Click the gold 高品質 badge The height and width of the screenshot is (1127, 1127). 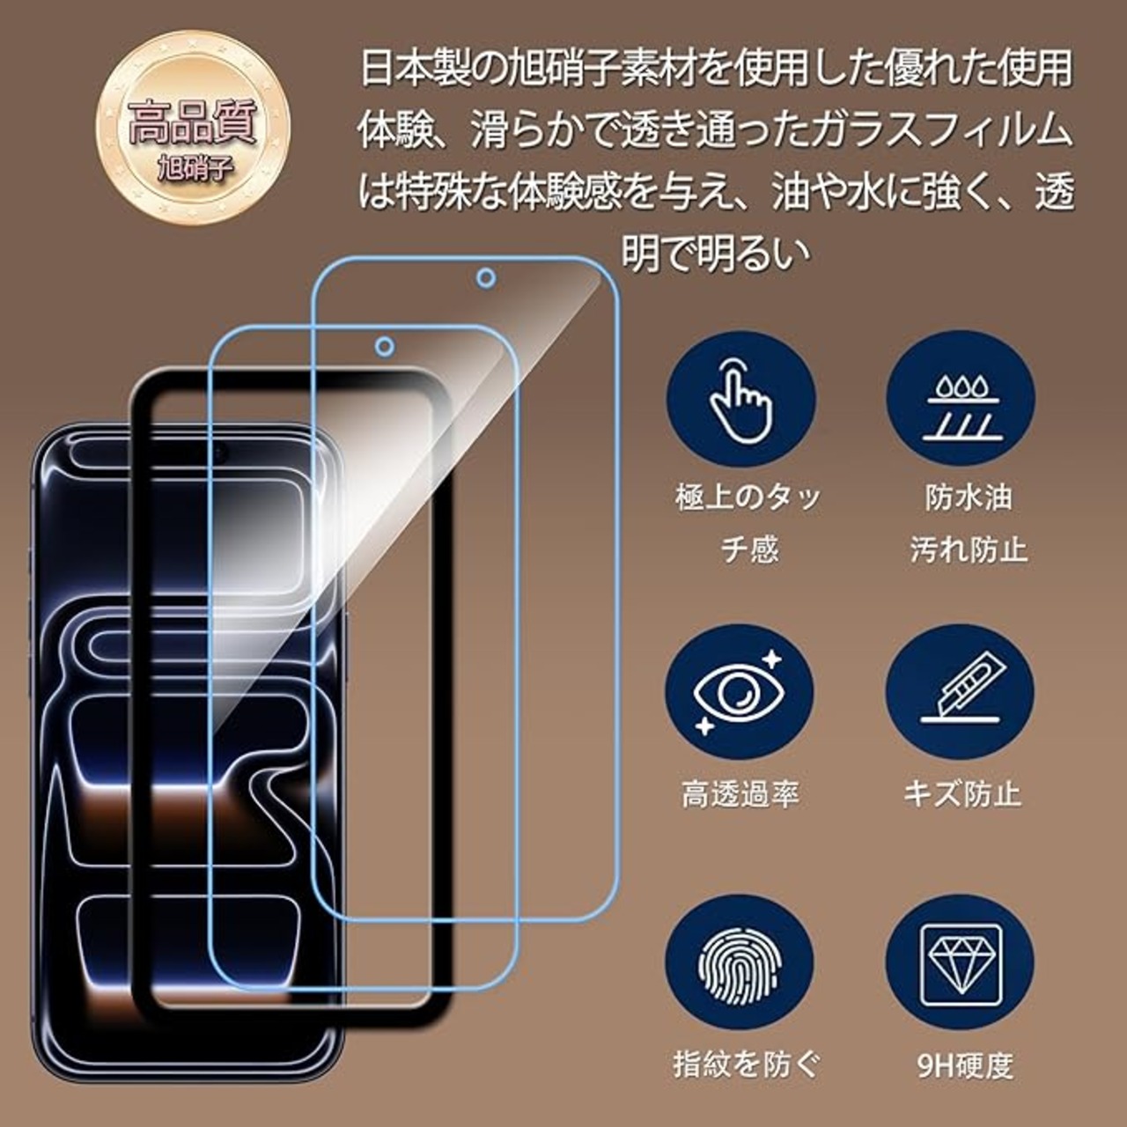tap(192, 127)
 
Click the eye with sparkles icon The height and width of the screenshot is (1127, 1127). tap(740, 691)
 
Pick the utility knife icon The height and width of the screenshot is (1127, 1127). tap(960, 691)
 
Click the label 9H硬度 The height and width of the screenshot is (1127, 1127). tap(965, 1066)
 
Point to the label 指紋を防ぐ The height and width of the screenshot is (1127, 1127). tap(746, 1064)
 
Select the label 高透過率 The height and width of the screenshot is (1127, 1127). tap(740, 794)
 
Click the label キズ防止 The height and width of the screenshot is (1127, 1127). tap(962, 794)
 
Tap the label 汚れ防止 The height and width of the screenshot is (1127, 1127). tap(969, 550)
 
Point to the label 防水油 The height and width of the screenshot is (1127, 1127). tap(969, 497)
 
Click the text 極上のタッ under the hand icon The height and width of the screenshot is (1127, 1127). tap(748, 497)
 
